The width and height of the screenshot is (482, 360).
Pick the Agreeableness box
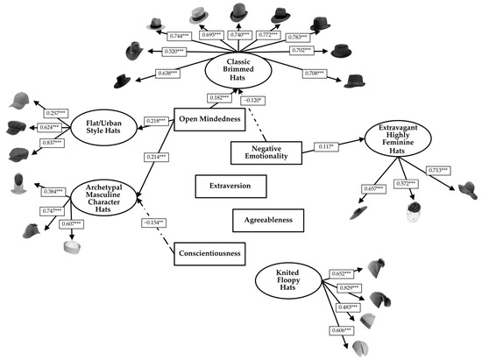click(268, 218)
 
